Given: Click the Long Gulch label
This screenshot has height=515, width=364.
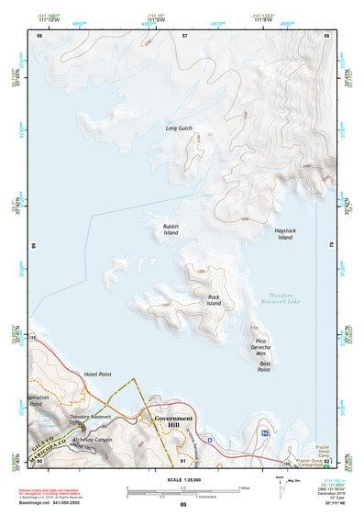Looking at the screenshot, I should (x=178, y=128).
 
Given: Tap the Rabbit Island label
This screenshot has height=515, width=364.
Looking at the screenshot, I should (x=171, y=230).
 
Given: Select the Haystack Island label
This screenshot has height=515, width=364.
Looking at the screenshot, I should (x=284, y=234).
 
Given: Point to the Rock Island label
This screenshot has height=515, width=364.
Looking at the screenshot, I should (x=214, y=300).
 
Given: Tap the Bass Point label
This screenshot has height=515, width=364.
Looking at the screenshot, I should (x=263, y=365).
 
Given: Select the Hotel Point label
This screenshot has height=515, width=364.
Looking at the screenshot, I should (x=96, y=374).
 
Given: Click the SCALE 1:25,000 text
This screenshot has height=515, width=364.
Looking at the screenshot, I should (x=182, y=479).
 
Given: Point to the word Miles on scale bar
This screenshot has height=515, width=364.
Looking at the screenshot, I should (x=243, y=487).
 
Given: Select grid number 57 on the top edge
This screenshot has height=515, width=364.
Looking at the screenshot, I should (x=185, y=35).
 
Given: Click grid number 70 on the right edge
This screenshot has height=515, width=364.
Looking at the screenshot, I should (x=331, y=245).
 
